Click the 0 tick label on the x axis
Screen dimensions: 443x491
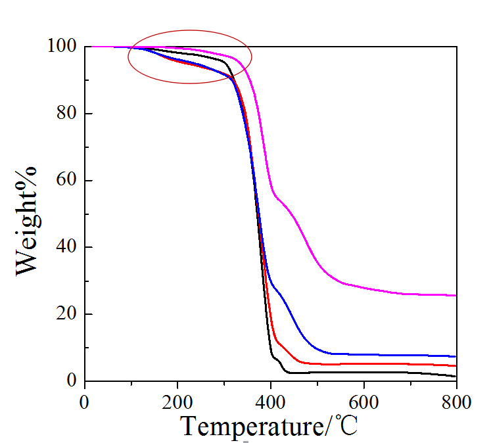pos(84,400)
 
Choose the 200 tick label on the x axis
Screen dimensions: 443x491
pos(177,400)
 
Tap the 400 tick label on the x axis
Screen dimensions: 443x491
pos(270,400)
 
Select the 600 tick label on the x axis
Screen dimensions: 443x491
pos(363,400)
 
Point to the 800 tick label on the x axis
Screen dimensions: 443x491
pos(456,400)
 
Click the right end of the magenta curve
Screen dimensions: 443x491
pos(456,296)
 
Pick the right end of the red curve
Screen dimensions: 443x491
pos(456,365)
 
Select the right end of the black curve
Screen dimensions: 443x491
pos(456,377)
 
